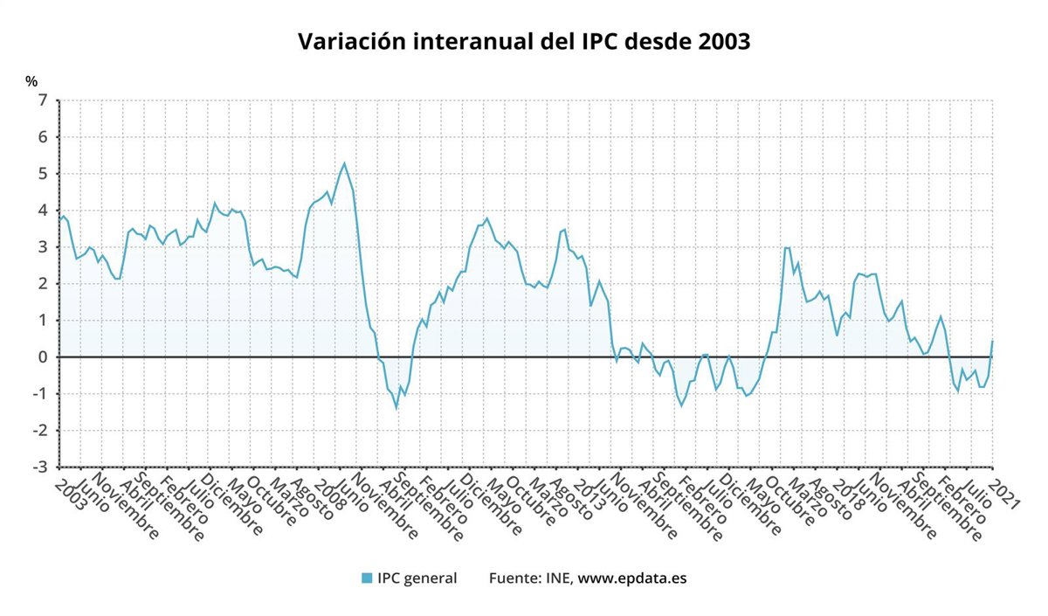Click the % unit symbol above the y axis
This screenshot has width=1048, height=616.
tap(31, 81)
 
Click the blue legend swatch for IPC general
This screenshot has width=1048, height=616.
tap(367, 578)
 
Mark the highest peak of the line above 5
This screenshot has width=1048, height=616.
tap(344, 163)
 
